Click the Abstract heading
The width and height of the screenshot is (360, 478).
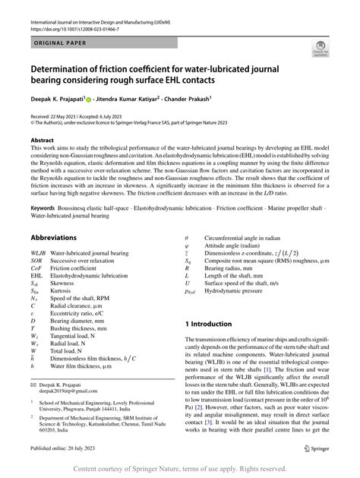[42, 141]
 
